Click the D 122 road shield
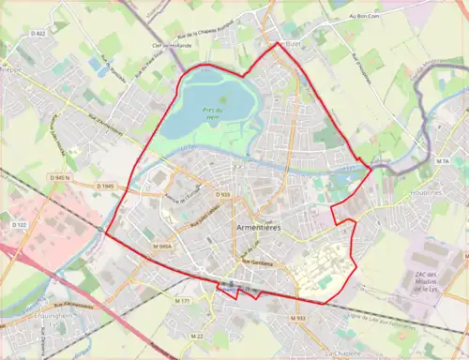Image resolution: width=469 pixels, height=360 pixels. [18, 225]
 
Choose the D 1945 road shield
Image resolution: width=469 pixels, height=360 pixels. [105, 187]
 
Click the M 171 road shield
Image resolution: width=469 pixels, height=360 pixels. [182, 301]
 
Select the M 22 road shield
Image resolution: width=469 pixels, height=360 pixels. [197, 335]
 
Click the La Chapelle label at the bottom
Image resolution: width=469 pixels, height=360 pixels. [343, 354]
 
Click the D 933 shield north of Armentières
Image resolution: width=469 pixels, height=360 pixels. [222, 194]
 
